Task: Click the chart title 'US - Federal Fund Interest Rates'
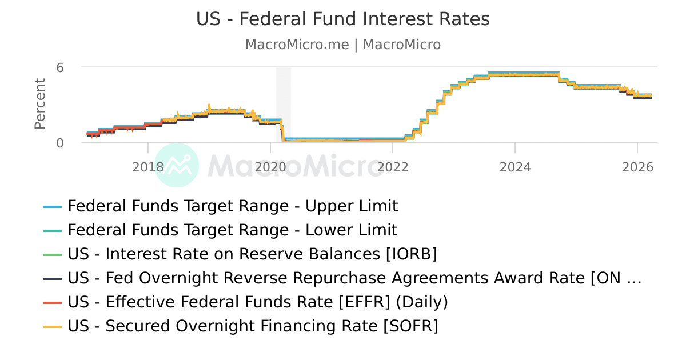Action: click(343, 19)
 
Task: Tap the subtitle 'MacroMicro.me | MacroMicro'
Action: click(343, 45)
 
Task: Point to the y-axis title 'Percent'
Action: click(39, 104)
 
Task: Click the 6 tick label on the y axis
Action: click(59, 67)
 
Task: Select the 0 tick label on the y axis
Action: click(59, 143)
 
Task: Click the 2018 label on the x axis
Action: click(148, 167)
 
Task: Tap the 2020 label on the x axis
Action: click(270, 167)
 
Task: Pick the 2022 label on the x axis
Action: click(393, 167)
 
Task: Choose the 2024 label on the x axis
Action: click(515, 167)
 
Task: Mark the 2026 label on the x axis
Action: click(637, 167)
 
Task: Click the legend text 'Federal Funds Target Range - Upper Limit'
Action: click(233, 206)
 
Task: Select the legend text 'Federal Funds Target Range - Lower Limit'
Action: click(232, 230)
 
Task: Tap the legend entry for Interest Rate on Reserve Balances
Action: click(252, 254)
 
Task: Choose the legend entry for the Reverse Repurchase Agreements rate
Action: click(354, 278)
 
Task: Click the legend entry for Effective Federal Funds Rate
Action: click(258, 302)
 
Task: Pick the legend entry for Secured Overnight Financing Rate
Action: click(253, 326)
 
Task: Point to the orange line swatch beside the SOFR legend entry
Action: click(53, 326)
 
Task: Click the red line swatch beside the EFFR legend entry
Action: click(53, 302)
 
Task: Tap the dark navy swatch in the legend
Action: click(53, 278)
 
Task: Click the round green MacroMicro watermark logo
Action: click(177, 165)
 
